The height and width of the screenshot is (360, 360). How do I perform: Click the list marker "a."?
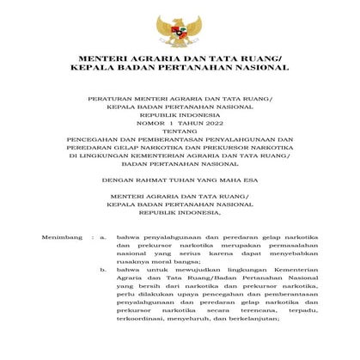102,234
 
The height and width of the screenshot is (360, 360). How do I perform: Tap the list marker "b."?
102,270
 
